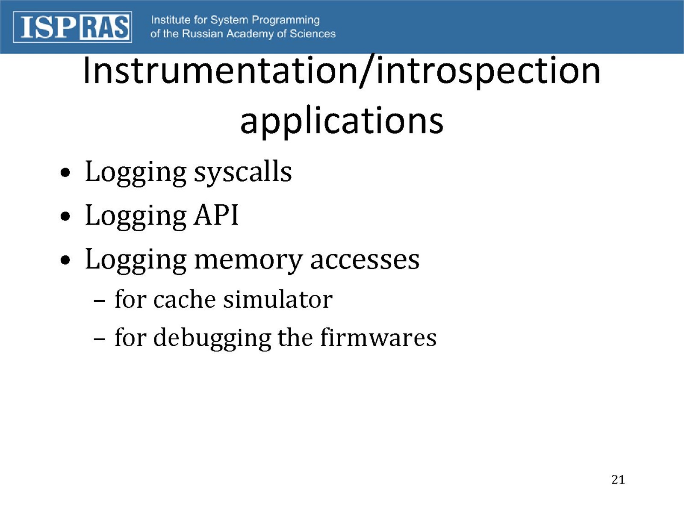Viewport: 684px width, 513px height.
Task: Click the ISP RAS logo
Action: pos(72,27)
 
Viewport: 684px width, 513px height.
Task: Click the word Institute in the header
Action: pos(171,20)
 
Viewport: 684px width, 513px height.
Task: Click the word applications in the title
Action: pos(342,121)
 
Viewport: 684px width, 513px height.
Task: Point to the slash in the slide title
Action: pos(367,71)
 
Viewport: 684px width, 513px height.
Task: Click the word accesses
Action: pos(365,260)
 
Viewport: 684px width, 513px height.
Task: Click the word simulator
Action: pos(278,299)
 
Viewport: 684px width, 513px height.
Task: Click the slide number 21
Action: pos(618,480)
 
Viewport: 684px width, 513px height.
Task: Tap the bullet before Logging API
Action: pos(65,216)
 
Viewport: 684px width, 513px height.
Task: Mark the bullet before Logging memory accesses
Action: pos(65,259)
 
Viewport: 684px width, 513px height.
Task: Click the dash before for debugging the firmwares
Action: pos(99,340)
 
